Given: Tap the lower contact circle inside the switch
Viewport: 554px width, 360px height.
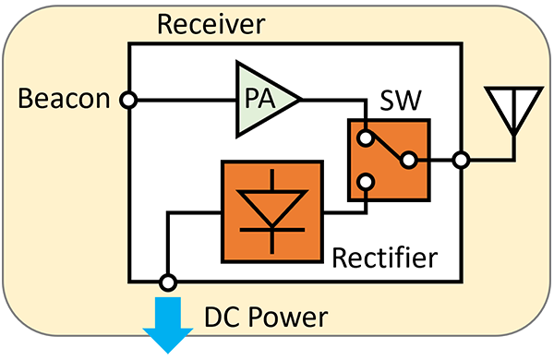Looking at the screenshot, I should pyautogui.click(x=367, y=182).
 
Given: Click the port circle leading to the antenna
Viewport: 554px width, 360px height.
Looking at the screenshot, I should pyautogui.click(x=460, y=161).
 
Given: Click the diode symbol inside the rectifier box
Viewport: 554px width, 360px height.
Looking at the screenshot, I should pyautogui.click(x=272, y=210).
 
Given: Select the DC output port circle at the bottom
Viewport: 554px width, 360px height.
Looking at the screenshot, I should pyautogui.click(x=167, y=281).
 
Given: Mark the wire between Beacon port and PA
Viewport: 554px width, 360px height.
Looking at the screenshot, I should pyautogui.click(x=185, y=98).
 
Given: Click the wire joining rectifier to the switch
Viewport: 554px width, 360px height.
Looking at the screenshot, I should pyautogui.click(x=343, y=212).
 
